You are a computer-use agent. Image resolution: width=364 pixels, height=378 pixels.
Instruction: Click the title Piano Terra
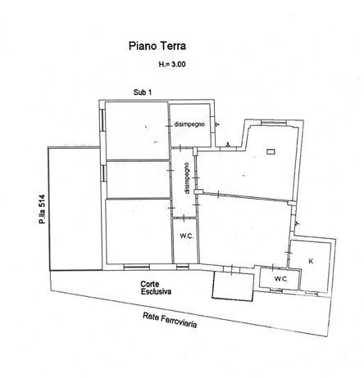157,46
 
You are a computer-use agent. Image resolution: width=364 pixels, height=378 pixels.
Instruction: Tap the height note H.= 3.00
172,65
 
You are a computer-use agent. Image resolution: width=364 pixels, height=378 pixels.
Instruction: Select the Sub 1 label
143,92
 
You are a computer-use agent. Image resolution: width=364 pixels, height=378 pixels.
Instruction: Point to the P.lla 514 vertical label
42,209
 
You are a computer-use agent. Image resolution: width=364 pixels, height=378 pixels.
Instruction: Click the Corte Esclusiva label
156,288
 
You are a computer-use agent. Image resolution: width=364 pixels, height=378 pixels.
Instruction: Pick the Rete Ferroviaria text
170,320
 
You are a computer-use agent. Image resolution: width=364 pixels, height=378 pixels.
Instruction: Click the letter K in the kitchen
311,261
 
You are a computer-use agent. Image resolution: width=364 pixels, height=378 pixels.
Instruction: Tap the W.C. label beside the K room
281,279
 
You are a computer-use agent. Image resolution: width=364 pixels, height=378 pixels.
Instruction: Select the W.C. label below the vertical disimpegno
187,236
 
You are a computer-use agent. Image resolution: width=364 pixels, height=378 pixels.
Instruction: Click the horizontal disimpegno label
189,124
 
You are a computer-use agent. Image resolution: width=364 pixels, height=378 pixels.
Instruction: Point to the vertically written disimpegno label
187,178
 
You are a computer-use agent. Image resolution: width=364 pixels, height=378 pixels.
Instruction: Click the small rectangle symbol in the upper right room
271,151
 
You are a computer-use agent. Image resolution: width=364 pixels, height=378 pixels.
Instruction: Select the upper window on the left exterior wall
102,119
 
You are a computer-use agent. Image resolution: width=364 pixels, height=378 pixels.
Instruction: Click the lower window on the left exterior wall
103,173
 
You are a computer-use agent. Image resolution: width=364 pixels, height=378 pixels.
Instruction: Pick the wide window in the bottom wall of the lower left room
137,267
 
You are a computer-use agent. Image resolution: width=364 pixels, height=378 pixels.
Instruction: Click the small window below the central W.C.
183,267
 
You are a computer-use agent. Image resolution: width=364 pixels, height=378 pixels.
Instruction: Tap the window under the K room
312,293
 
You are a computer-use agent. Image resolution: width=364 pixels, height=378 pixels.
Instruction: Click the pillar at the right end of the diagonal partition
291,203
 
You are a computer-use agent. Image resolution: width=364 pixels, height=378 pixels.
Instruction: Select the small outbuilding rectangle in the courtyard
233,286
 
